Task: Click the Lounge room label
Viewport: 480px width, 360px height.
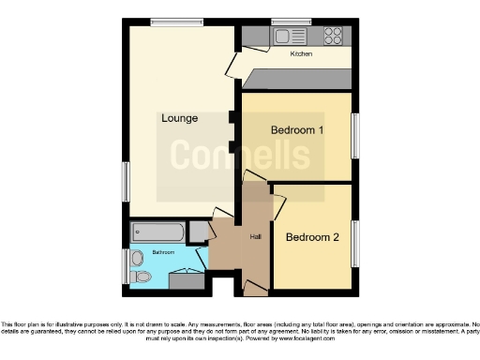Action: [x=178, y=118]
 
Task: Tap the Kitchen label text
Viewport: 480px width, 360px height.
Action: [x=301, y=54]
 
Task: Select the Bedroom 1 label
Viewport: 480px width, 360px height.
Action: [x=297, y=130]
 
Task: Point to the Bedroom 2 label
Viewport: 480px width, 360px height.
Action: [x=312, y=236]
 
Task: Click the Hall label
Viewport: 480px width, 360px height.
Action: [x=254, y=236]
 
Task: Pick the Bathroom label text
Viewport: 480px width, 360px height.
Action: [x=164, y=252]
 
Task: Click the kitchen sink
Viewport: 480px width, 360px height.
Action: [x=284, y=37]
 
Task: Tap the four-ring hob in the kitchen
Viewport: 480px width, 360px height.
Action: [x=333, y=36]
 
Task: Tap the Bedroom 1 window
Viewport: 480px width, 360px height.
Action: [x=355, y=136]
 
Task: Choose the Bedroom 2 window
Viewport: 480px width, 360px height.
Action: [x=355, y=244]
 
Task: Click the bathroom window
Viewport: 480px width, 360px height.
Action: [x=125, y=266]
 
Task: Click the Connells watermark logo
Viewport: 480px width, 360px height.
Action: [x=239, y=157]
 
